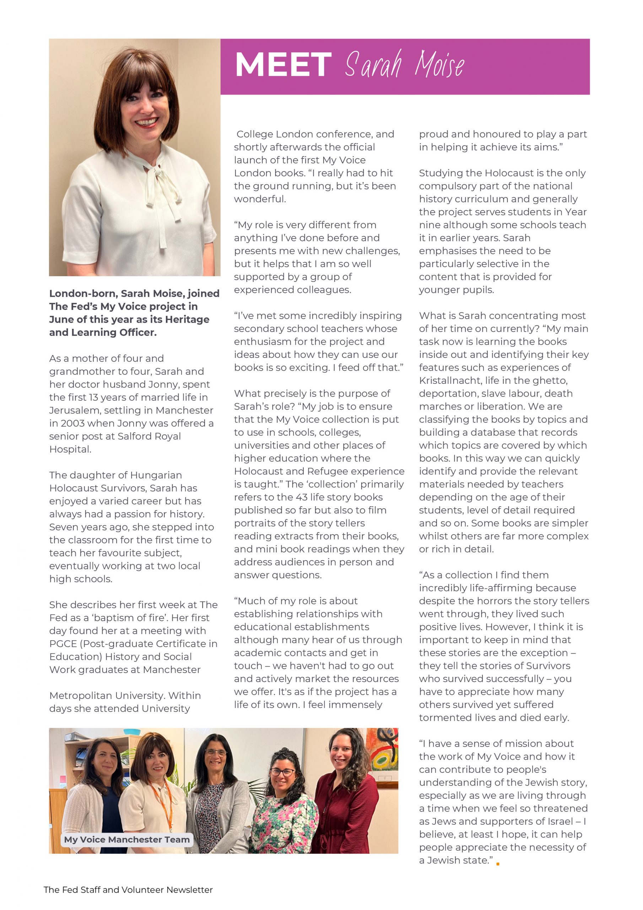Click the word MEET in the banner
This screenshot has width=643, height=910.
[x=283, y=65]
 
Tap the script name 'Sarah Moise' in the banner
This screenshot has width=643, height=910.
[x=404, y=65]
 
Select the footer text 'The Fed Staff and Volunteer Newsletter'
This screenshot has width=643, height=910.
[x=128, y=890]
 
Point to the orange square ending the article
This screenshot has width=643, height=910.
[x=498, y=863]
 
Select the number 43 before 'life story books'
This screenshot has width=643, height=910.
[x=307, y=497]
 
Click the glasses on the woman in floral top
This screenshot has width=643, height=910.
[x=282, y=772]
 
